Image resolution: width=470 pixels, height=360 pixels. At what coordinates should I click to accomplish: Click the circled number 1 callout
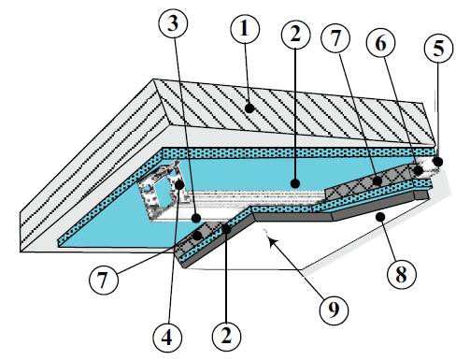pos(245,29)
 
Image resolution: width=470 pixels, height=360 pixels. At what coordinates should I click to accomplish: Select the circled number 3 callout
pos(173,24)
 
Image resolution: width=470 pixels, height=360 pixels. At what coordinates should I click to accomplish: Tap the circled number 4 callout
pos(168,338)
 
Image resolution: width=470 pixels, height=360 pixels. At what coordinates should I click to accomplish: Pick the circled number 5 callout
pos(439,49)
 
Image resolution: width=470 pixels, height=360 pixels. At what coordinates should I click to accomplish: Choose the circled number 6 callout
pos(381,43)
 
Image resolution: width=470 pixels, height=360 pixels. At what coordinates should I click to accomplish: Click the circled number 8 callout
pos(402,275)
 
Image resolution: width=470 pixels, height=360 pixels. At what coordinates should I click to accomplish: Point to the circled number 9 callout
pos(335,310)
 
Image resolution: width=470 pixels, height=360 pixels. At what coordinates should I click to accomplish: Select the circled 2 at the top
pos(295,34)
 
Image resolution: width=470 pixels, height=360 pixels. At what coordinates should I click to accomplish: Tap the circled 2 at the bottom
pos(226,336)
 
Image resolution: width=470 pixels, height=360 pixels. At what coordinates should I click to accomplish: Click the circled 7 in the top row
pos(336,39)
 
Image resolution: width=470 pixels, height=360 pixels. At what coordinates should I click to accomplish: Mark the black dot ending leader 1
pos(249,108)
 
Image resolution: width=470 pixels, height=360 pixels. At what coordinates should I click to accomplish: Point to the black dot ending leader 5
pos(438,162)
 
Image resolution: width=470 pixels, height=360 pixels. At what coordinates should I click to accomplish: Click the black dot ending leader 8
pos(380,217)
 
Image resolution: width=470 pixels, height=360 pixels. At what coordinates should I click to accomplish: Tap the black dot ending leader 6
pos(418,171)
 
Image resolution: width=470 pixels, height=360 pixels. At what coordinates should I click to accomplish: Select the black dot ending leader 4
pos(179,185)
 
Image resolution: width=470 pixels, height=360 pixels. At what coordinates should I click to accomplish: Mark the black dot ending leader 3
pos(196,218)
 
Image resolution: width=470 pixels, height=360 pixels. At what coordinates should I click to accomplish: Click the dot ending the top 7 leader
pos(377,180)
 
